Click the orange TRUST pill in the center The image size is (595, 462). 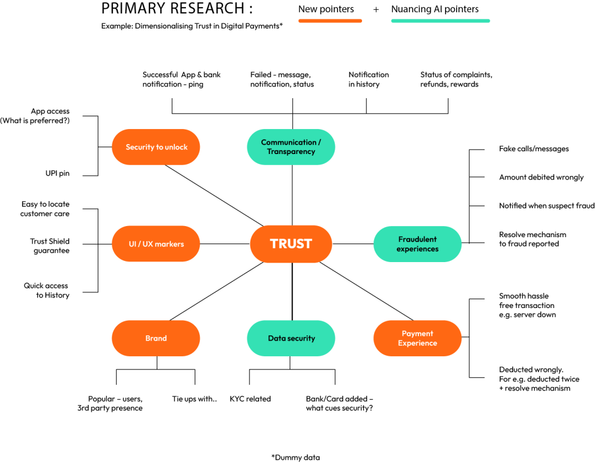[291, 244]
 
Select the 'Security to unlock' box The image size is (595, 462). [156, 147]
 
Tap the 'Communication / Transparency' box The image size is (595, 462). [291, 147]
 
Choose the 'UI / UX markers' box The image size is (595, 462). [156, 244]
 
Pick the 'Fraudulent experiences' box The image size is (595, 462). [417, 244]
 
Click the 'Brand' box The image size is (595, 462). [156, 338]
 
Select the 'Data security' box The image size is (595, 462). [291, 338]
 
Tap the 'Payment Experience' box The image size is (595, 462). [417, 338]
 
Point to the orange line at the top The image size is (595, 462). [330, 21]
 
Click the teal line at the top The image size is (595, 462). [440, 21]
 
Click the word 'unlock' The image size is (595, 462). [176, 148]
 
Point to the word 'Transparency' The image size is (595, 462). [291, 152]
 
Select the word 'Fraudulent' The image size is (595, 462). [417, 239]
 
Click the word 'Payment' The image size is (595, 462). [417, 334]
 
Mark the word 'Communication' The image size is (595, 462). [288, 142]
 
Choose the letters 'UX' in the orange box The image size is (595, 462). [148, 244]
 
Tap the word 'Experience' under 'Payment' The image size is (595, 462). [417, 343]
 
